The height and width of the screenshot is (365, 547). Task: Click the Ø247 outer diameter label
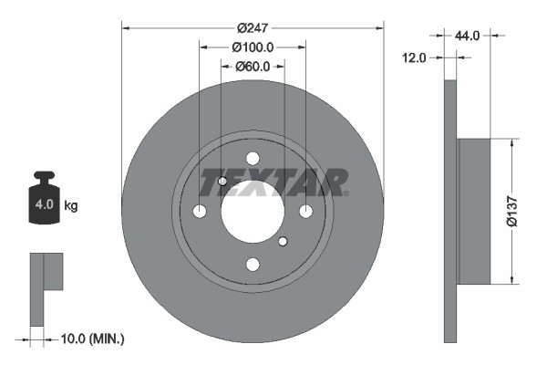253,28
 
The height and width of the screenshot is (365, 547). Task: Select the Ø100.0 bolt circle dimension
253,47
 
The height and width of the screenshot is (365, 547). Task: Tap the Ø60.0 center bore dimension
253,66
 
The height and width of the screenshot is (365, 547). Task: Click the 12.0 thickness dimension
415,57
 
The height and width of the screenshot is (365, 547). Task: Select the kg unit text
71,205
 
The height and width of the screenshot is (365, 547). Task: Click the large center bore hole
252,211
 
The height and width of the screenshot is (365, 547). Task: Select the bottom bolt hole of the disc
253,265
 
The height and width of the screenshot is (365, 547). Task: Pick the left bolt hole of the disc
200,212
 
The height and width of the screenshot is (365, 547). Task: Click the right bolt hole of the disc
305,212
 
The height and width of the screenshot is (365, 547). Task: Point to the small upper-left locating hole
222,182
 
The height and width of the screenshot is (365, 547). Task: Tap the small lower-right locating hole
283,241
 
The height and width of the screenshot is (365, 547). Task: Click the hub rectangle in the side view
473,211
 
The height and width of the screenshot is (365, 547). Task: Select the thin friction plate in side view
449,211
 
